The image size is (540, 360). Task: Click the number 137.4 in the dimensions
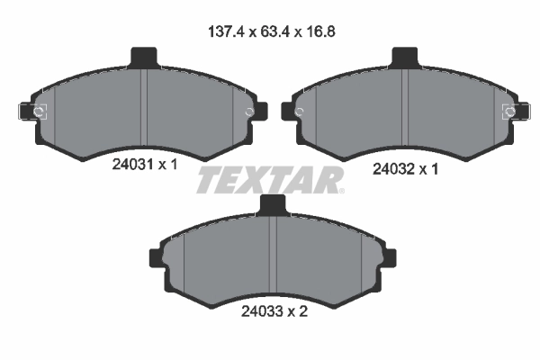tap(223, 31)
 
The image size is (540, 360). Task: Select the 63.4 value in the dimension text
tap(270, 31)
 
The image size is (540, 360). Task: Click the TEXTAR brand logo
tap(267, 181)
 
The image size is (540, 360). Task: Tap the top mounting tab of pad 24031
tap(144, 57)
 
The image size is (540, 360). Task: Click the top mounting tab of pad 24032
tap(406, 57)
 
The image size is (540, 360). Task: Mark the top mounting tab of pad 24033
tap(272, 205)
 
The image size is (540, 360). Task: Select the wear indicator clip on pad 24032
tap(513, 112)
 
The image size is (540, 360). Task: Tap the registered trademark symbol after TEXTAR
tap(341, 190)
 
